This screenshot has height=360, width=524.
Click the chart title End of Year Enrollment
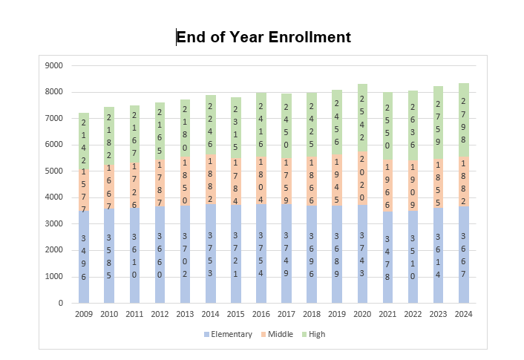click(263, 37)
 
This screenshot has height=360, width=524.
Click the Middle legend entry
click(278, 334)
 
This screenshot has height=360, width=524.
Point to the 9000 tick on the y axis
click(54, 65)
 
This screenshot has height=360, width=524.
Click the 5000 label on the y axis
click(54, 171)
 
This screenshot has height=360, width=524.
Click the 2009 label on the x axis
click(84, 314)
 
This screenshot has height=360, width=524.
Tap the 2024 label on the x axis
click(464, 314)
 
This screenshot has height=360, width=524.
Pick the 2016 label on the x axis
click(261, 314)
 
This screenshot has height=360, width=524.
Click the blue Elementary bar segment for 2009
click(84, 257)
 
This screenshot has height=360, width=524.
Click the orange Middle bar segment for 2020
click(362, 177)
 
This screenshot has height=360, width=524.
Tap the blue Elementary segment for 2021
click(387, 257)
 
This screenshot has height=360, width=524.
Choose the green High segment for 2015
click(236, 128)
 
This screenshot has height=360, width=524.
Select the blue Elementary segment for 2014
click(211, 253)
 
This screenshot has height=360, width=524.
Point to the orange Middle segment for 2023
click(439, 183)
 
